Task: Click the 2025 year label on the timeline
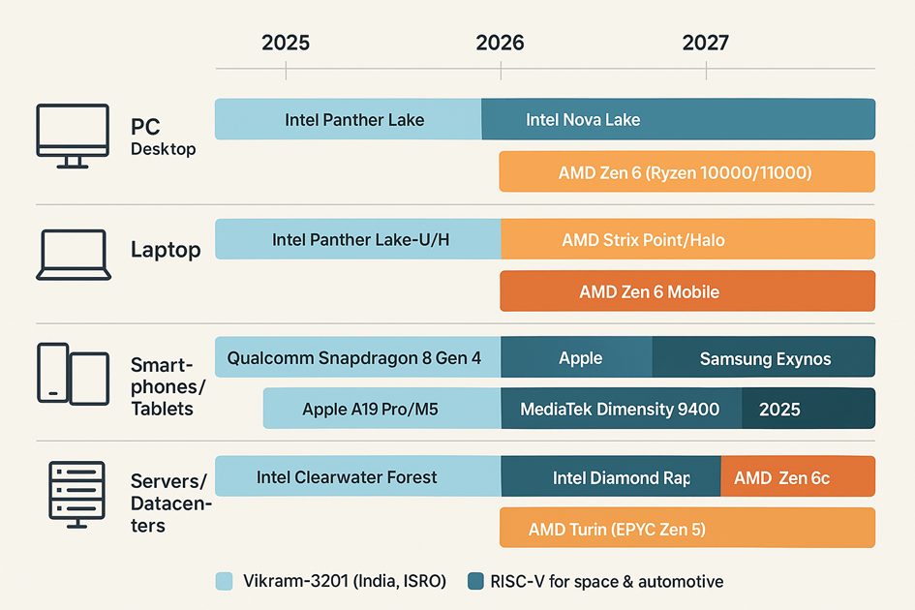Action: click(286, 43)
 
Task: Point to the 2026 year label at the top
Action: click(500, 43)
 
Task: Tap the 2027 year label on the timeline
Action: click(705, 43)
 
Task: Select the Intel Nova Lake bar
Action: click(678, 119)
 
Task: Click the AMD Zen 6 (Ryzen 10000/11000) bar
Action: click(686, 172)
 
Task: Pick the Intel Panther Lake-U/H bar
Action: click(358, 239)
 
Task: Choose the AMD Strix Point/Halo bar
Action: click(686, 239)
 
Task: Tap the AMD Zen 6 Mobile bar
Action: click(686, 291)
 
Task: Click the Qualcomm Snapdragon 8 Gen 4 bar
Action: click(356, 357)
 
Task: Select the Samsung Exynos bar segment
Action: click(764, 358)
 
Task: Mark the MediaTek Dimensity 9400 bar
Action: click(620, 409)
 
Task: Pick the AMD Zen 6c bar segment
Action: click(797, 477)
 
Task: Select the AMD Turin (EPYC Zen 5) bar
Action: click(686, 529)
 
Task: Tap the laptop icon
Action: click(72, 255)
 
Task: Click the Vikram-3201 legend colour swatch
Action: click(224, 581)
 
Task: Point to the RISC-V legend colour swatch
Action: click(475, 581)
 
